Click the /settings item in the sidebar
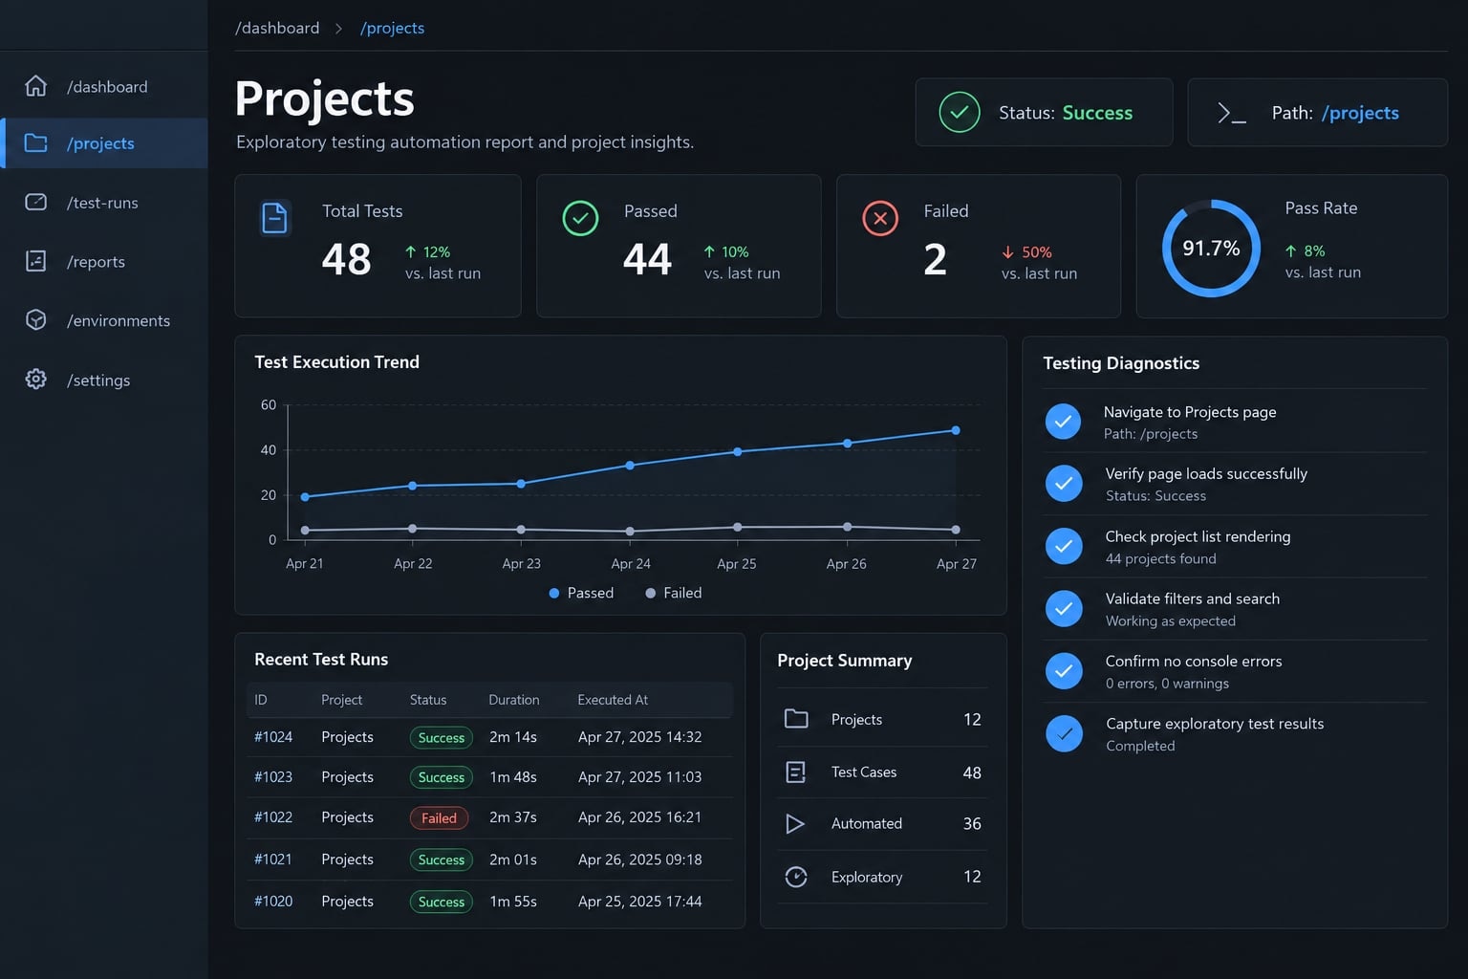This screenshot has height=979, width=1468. (98, 381)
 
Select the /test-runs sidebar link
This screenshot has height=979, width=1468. (102, 203)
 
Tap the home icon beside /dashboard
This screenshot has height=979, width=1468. (36, 86)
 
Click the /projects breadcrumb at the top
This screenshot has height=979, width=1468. (392, 28)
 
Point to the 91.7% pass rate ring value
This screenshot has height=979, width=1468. (1211, 248)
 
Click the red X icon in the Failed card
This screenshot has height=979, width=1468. (880, 218)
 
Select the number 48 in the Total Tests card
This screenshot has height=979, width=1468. (346, 259)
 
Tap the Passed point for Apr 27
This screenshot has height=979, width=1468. (956, 431)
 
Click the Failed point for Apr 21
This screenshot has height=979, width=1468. (305, 530)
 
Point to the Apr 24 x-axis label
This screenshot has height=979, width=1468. (631, 564)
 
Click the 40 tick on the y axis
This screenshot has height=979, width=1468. (268, 450)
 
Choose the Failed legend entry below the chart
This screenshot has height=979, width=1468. (673, 593)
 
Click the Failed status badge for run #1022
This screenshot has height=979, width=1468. (439, 817)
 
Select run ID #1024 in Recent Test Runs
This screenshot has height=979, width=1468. (273, 737)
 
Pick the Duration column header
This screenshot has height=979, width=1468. (514, 700)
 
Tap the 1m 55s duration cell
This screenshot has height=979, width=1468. (513, 902)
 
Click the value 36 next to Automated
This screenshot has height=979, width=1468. (972, 823)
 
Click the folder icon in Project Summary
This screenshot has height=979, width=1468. (796, 719)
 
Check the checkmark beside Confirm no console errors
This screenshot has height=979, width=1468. (1064, 671)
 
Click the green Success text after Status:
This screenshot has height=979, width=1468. (1097, 113)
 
